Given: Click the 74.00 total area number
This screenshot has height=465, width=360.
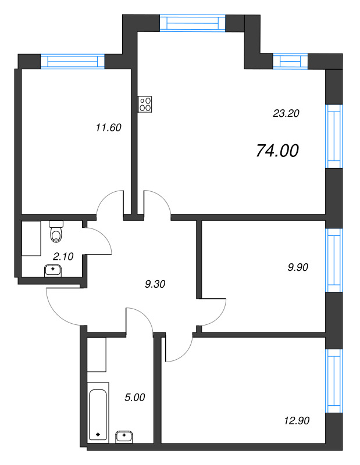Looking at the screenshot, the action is (277, 151).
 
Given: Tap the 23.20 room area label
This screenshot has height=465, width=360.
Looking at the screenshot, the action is (286, 113).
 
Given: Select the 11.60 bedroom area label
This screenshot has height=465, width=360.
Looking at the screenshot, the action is (108, 127).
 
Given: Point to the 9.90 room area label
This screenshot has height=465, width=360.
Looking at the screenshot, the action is (298, 267).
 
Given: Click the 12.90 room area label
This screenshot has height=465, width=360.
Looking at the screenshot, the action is (297, 420).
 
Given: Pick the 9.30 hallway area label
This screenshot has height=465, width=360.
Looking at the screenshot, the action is (155, 284).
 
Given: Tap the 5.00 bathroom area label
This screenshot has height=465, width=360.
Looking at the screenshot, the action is (135, 398).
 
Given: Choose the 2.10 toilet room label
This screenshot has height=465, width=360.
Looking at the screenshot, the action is (63, 256).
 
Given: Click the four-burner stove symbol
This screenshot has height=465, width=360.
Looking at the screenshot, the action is (145, 104).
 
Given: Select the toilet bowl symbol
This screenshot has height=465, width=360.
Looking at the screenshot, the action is (56, 231).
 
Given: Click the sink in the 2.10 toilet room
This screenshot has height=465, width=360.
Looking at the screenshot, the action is (52, 270).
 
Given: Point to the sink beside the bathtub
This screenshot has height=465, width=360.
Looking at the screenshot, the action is (124, 437).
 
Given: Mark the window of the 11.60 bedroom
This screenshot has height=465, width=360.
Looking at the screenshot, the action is (73, 62).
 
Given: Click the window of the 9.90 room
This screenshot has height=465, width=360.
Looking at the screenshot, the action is (334, 260).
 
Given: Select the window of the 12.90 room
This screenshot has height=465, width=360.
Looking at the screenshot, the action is (334, 381).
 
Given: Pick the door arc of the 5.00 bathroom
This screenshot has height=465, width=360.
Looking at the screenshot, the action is (144, 316).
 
